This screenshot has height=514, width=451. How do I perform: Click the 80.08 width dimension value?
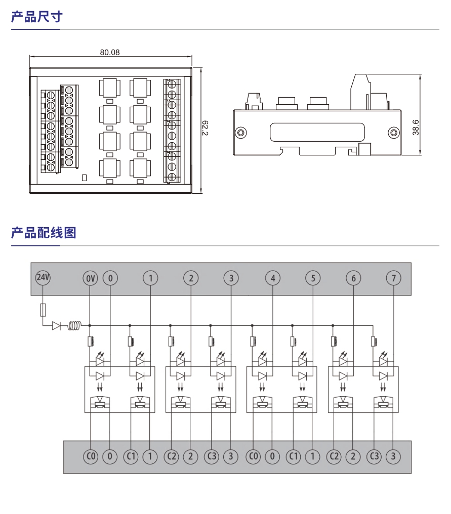pos(110,52)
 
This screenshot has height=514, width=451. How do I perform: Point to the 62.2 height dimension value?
pos(205,128)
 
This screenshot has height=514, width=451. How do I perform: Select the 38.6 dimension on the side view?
pos(416,127)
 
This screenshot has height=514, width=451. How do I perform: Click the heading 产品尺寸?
pos(36,17)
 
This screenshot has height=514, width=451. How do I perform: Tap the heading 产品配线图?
pos(44,233)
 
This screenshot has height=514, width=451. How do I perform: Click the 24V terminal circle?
pos(43,278)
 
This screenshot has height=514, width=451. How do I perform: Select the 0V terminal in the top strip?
pos(90,278)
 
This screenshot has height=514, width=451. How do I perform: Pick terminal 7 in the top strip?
pos(393,278)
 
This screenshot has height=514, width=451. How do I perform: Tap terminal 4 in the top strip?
pos(273,278)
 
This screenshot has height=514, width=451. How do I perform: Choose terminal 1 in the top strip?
pos(150,278)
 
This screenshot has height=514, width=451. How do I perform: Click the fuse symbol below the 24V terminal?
pos(43,310)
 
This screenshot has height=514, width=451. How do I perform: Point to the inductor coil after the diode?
pos(75,326)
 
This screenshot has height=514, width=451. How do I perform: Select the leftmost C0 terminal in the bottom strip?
pos(91,457)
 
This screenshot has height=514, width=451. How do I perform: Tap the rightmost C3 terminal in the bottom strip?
pos(374,457)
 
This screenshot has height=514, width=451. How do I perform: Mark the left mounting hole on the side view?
pos(241,133)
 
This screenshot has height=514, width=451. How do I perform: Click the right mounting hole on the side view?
pos(393,133)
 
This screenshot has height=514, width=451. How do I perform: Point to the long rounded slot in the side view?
pos(317,133)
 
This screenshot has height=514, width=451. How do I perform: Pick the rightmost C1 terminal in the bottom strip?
pos(294,457)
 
